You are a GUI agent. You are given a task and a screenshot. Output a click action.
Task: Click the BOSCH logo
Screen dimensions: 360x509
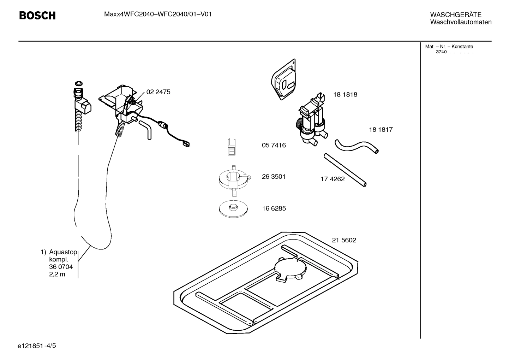coord(37,16)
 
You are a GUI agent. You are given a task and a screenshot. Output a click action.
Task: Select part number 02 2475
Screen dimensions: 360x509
coord(158,92)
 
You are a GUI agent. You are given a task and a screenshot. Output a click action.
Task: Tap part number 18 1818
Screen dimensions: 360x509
coord(345,95)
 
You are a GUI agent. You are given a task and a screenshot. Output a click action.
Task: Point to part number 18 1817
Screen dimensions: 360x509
coord(381,130)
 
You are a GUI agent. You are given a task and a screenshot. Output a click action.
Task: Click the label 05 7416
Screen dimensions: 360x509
coord(274,145)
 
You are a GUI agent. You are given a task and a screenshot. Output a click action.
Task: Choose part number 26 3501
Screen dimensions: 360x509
coord(274,177)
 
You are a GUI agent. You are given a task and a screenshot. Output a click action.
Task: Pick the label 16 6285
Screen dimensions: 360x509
coord(274,208)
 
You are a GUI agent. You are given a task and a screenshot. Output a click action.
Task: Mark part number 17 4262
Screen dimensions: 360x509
coord(333,179)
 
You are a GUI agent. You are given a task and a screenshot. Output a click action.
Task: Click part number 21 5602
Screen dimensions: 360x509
coord(344,240)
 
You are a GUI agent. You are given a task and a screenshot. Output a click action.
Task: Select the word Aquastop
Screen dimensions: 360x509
coord(63,252)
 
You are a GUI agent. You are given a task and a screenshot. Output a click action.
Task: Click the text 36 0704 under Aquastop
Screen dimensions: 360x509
coord(61,267)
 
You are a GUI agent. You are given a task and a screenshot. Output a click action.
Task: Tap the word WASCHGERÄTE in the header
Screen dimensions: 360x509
coord(455,15)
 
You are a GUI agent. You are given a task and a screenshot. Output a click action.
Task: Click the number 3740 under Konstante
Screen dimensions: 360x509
coord(441,52)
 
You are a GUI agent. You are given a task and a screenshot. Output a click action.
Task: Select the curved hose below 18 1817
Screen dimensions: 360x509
coord(357,146)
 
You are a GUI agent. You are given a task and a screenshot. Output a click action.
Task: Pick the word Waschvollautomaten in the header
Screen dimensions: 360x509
coord(461,22)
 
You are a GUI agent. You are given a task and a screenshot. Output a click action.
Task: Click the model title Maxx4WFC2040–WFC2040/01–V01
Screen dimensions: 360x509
coord(158,14)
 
